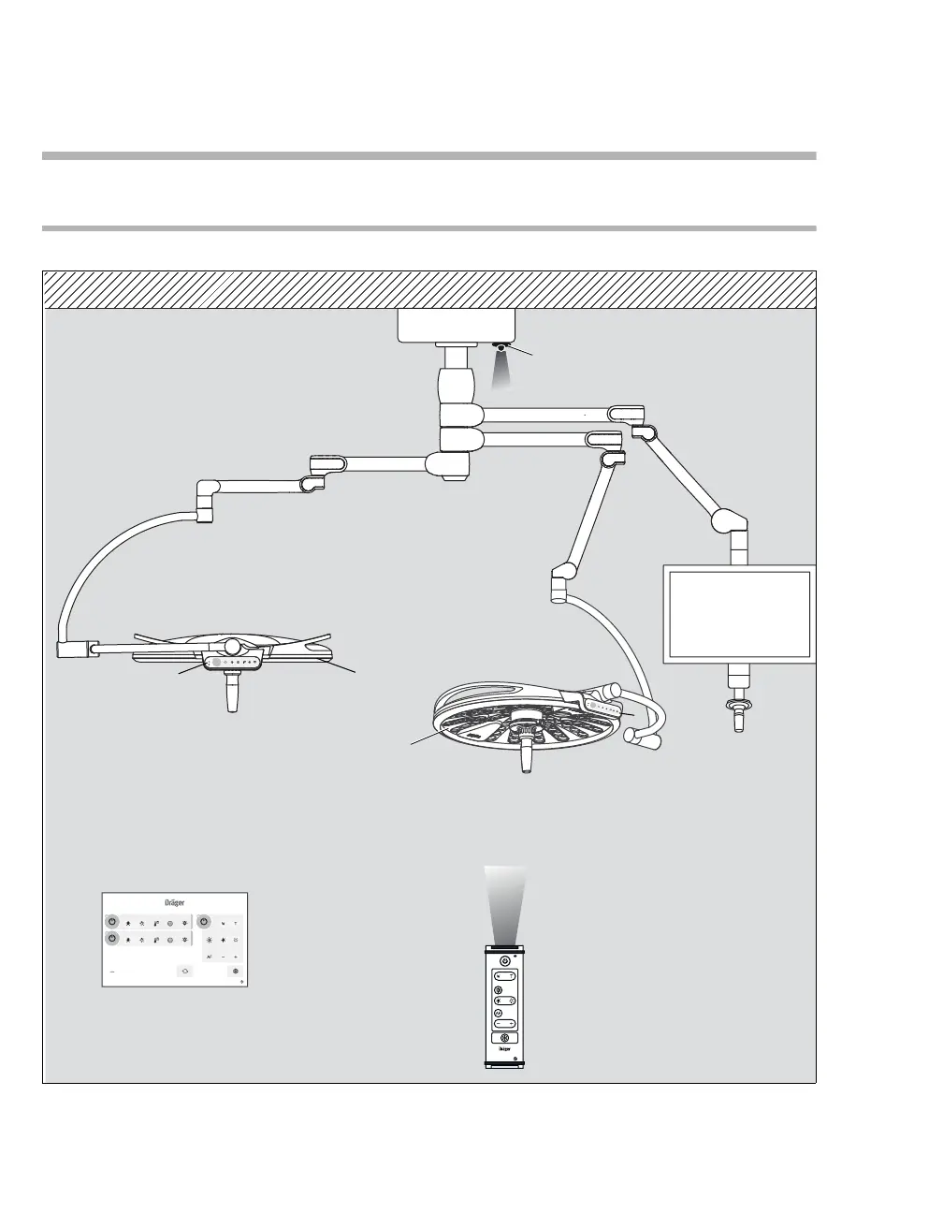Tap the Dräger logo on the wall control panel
[x=174, y=904]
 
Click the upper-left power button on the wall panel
[x=111, y=921]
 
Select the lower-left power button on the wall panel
[x=111, y=938]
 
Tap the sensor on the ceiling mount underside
[x=501, y=347]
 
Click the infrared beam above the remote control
[x=505, y=903]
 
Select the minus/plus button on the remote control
[x=505, y=975]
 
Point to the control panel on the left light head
[x=234, y=662]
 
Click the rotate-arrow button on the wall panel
[x=185, y=972]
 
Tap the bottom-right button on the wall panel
[x=236, y=972]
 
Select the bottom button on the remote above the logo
[x=505, y=1038]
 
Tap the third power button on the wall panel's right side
[x=204, y=921]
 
